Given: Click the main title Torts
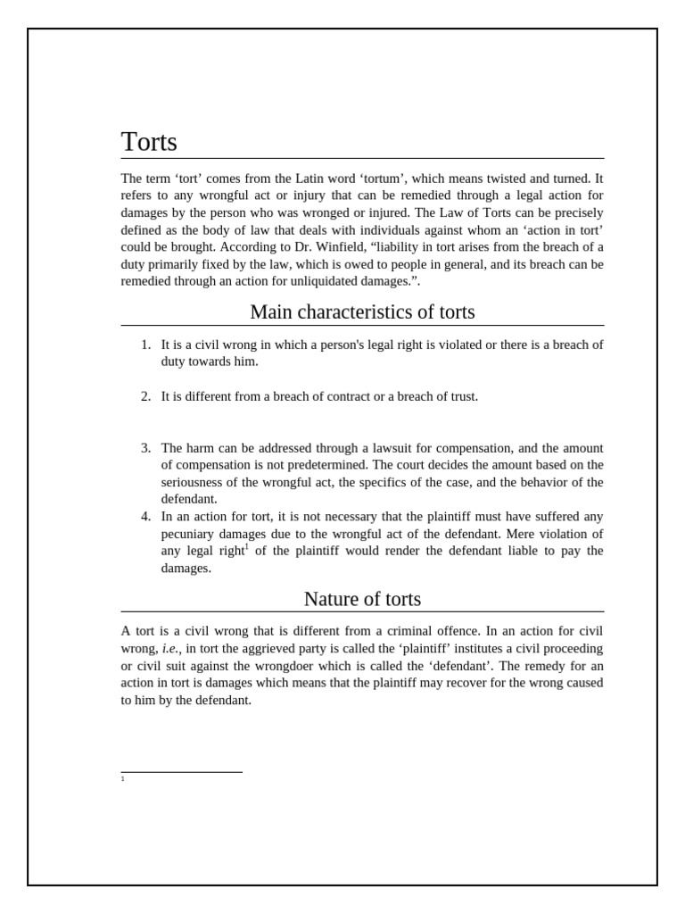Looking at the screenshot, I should click(149, 142).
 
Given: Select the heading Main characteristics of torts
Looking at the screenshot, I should click(362, 312).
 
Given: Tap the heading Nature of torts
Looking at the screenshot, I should click(362, 599).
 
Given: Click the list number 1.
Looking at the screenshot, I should click(145, 345).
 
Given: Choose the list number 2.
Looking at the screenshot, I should click(145, 396).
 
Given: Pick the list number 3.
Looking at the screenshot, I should click(145, 448).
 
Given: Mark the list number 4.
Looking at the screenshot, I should click(145, 517).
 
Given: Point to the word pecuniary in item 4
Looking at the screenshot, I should click(190, 534).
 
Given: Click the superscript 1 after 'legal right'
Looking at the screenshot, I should click(246, 546).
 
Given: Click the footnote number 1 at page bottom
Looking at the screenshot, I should click(122, 779).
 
